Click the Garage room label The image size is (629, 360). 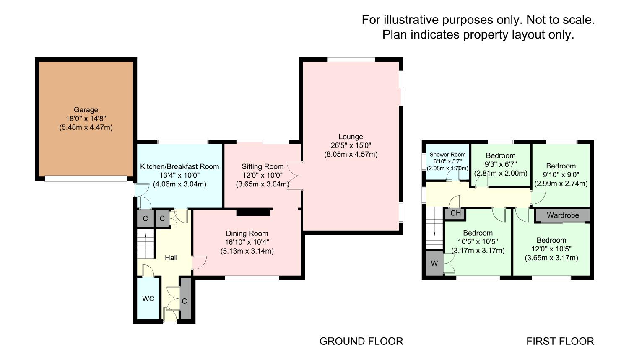(86, 110)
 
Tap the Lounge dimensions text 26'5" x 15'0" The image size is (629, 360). (351, 145)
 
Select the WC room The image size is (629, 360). (148, 298)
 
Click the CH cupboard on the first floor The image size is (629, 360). (455, 213)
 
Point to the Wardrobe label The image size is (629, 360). (563, 215)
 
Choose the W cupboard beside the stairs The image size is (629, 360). (434, 263)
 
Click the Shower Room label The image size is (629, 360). (447, 155)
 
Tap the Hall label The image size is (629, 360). (171, 258)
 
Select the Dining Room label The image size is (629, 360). (247, 233)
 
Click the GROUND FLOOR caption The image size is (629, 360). (361, 341)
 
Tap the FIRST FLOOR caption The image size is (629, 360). (560, 341)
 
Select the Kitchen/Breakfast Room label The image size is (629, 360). (179, 166)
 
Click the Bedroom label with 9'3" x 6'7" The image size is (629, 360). (501, 155)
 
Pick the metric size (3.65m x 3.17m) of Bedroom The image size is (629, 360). (551, 258)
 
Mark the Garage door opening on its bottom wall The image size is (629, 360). (86, 179)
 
